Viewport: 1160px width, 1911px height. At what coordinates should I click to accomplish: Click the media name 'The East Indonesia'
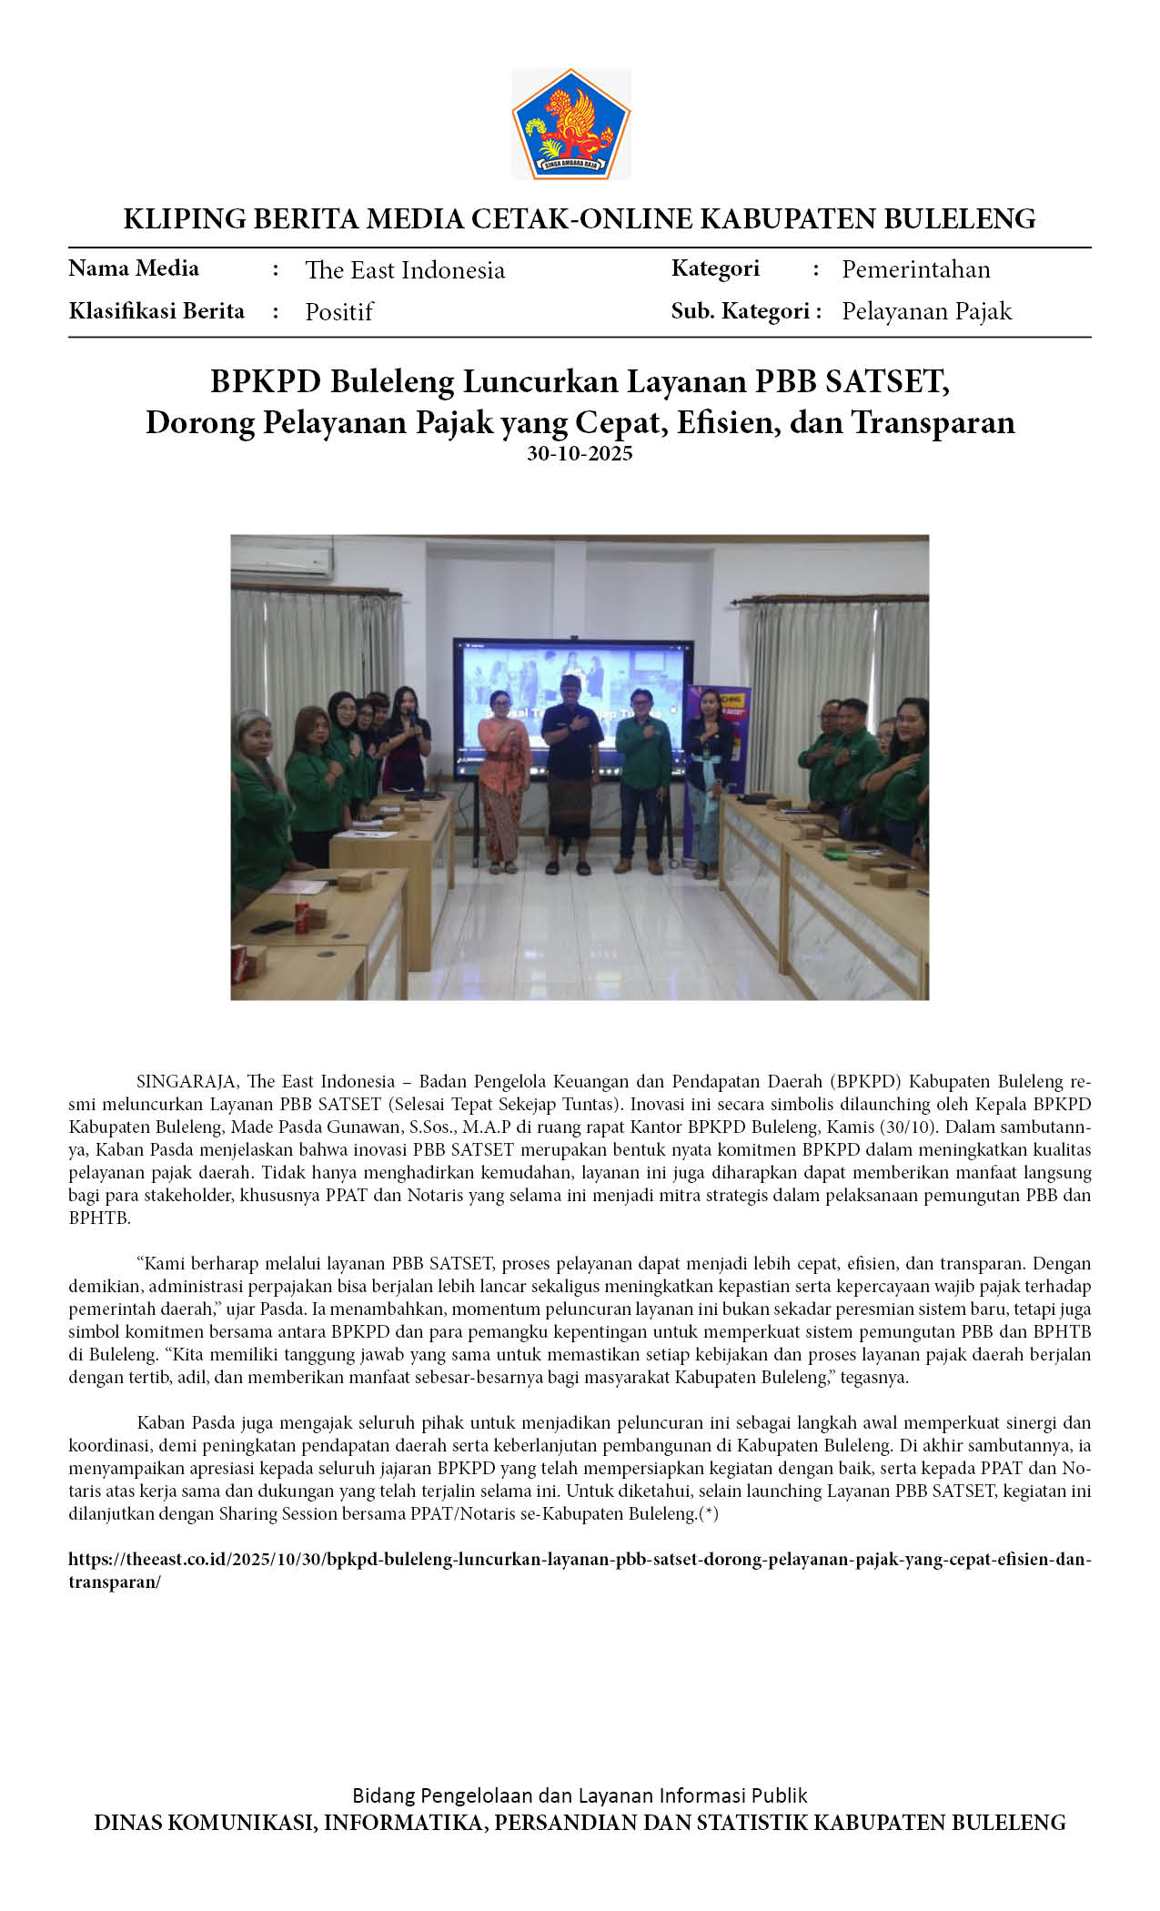click(x=405, y=270)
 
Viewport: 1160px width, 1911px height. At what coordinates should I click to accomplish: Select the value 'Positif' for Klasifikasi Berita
click(x=338, y=312)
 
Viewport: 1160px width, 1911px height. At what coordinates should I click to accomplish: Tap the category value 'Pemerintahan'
click(x=915, y=269)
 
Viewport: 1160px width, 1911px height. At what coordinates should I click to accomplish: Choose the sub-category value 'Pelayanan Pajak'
click(x=926, y=311)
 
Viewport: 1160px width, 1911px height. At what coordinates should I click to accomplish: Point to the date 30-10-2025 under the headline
click(x=580, y=453)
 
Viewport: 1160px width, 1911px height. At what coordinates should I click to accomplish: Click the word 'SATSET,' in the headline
click(x=887, y=381)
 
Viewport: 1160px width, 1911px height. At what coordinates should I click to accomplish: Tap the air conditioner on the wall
click(x=281, y=561)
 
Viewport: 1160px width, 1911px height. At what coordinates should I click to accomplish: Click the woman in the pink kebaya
click(x=503, y=773)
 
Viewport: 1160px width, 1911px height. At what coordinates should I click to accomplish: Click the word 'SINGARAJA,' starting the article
click(x=187, y=1082)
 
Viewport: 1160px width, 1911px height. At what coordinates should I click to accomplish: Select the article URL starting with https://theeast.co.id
click(x=579, y=1559)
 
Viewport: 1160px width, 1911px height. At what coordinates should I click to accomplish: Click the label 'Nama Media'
click(x=134, y=268)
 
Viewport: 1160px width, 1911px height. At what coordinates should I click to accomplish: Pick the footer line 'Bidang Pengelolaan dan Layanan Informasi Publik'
click(x=580, y=1795)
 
